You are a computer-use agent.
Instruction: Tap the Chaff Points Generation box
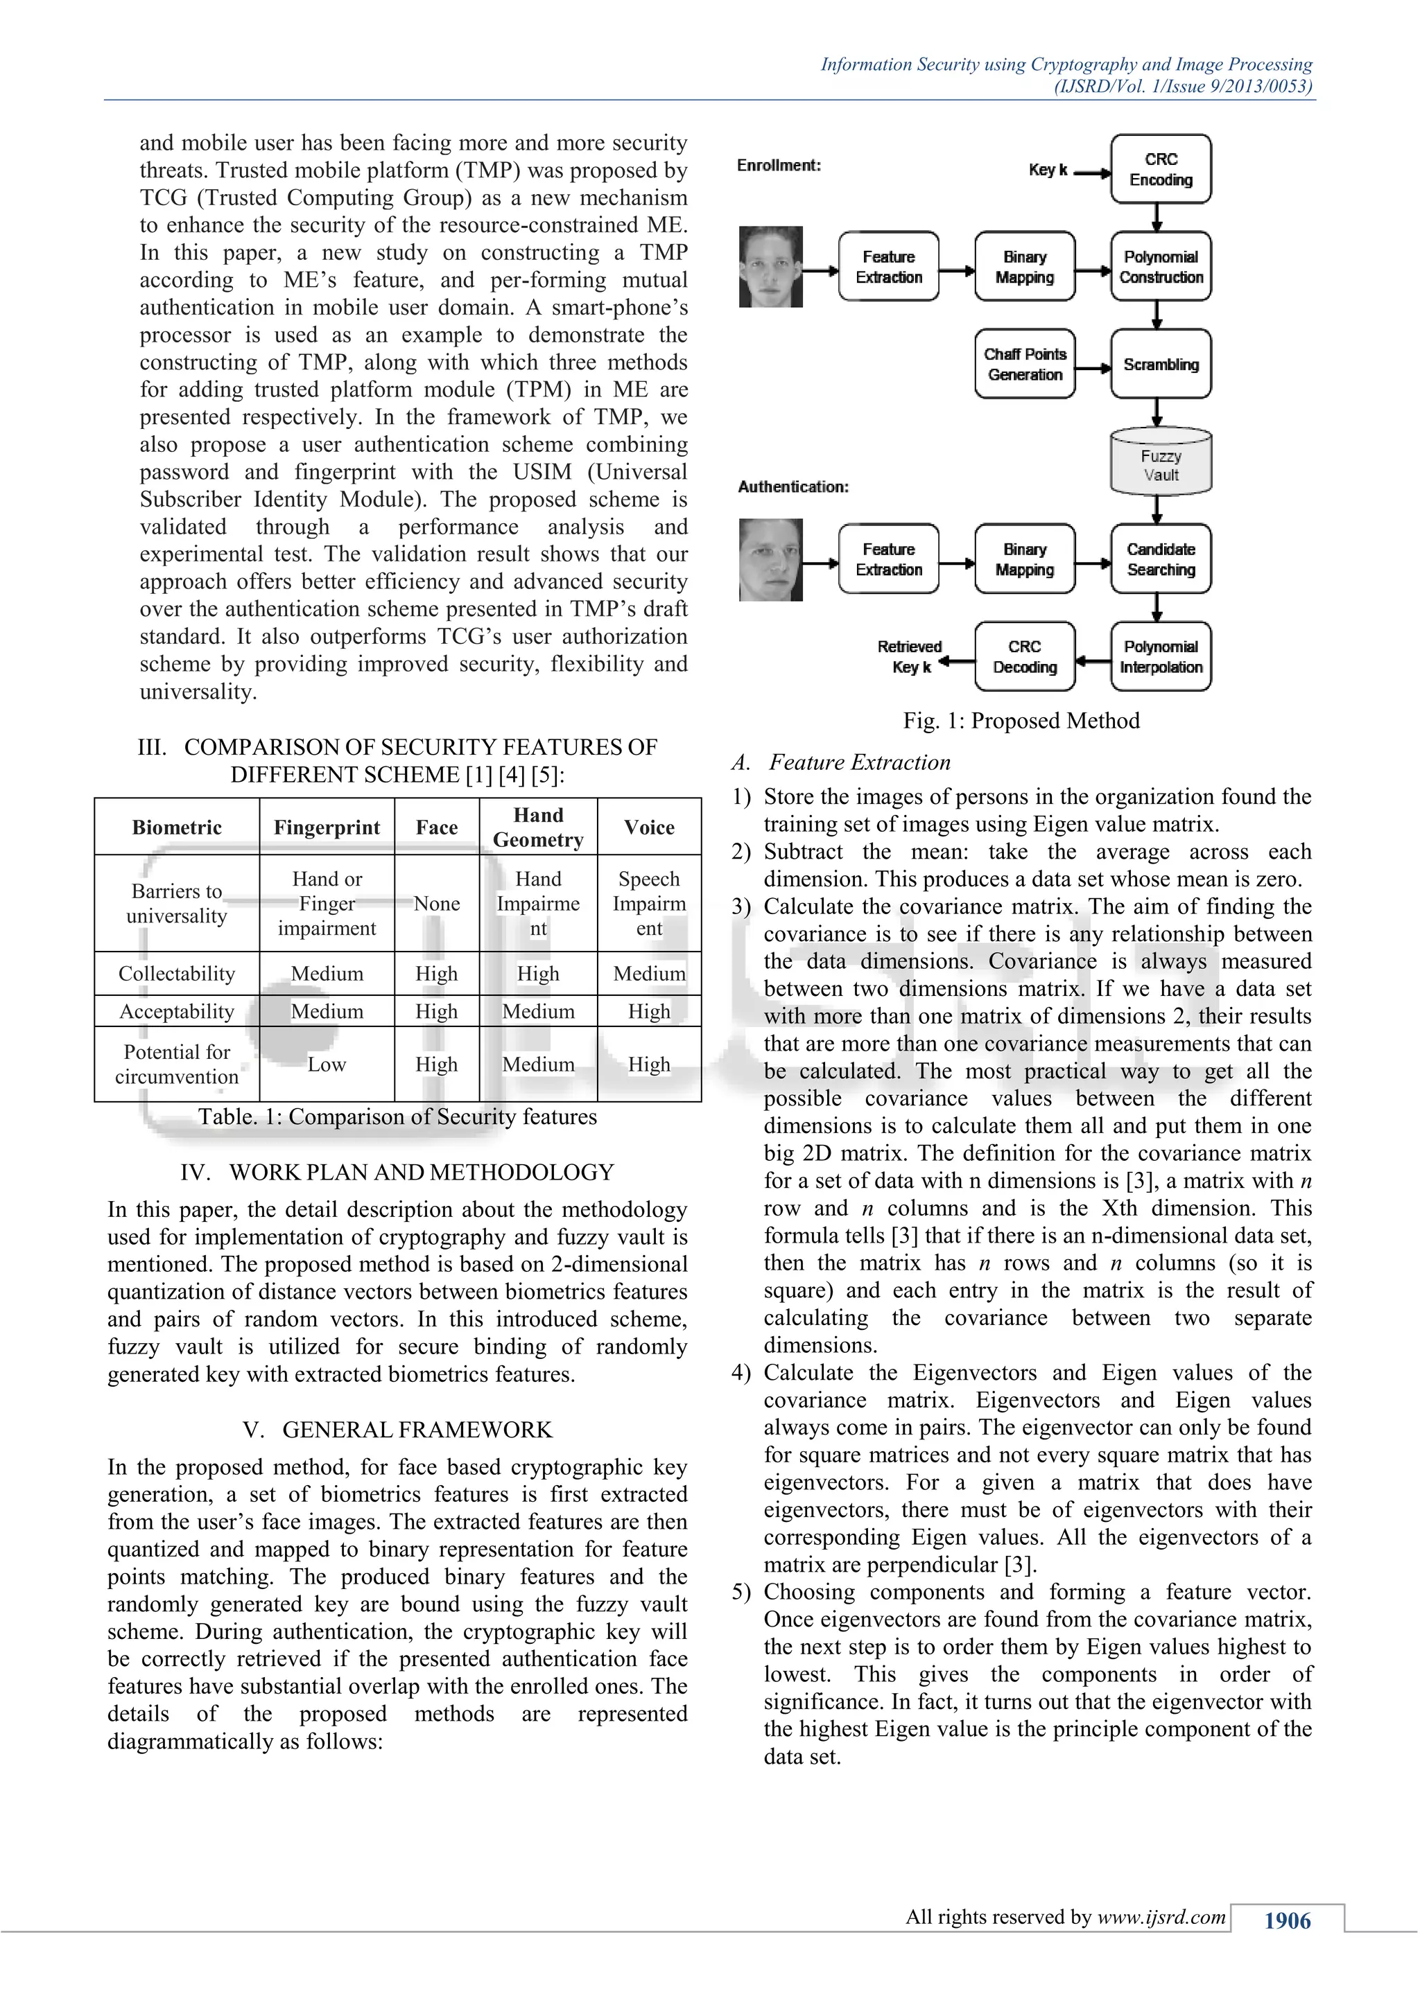coord(1025,364)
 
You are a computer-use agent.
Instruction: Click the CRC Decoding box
coord(1025,656)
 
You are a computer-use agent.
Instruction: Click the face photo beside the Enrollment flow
coord(770,267)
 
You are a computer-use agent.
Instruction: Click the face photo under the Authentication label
coord(770,559)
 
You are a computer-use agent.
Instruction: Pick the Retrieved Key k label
coord(910,656)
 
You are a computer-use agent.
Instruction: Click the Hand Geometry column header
coord(538,827)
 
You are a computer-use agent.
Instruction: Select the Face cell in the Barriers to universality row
coord(436,903)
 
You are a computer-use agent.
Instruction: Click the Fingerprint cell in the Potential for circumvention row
coord(326,1064)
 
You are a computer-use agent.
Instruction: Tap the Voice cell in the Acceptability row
coord(649,1011)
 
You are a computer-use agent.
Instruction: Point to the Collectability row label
coord(177,974)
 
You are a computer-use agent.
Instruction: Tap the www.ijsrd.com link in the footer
coord(1161,1917)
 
